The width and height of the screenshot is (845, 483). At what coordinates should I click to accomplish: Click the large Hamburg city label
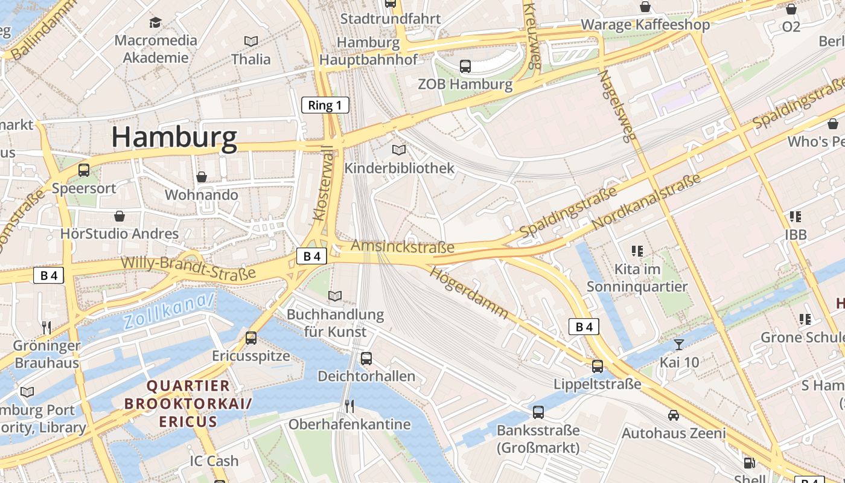174,138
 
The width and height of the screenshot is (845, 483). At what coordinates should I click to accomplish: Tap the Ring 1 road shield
325,105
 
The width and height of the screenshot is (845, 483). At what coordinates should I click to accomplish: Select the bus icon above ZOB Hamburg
465,66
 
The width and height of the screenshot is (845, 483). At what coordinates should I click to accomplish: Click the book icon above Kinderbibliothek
399,150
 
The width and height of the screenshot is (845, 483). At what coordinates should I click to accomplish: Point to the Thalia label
251,59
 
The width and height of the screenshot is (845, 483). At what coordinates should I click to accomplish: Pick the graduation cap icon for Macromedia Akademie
156,22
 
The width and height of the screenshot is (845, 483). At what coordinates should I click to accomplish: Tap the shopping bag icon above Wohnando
202,177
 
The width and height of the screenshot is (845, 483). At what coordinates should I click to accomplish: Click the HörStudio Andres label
120,234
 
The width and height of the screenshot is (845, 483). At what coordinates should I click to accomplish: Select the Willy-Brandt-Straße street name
188,268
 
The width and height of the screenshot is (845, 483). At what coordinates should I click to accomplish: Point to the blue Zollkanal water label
170,311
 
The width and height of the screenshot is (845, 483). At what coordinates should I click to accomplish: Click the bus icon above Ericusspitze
251,338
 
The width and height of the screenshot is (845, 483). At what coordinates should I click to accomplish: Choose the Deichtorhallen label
366,376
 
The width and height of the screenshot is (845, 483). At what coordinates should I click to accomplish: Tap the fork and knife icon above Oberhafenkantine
349,405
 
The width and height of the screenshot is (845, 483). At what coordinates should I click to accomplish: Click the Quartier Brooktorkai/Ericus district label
188,403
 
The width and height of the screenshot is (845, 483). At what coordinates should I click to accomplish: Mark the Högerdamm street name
469,292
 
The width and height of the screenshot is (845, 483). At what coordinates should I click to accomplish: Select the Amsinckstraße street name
403,246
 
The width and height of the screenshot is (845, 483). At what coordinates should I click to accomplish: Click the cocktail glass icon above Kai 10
679,345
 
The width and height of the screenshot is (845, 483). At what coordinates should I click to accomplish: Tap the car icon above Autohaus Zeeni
674,415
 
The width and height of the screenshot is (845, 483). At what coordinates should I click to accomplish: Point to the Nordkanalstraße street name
647,202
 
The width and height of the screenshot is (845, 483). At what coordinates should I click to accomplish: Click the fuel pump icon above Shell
749,463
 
